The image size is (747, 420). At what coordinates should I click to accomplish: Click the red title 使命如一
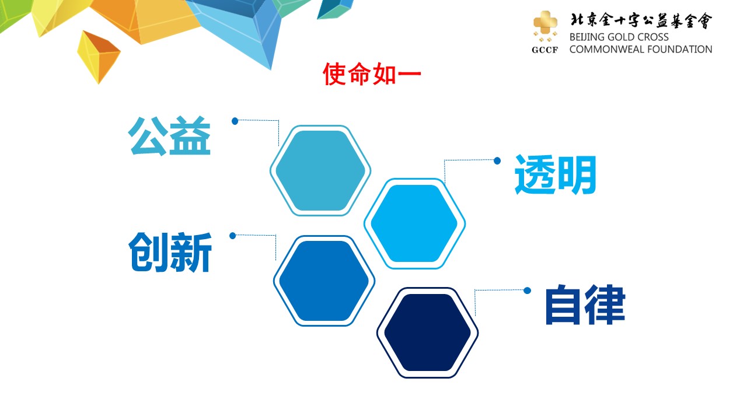372,74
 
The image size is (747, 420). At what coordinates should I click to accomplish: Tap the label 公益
169,136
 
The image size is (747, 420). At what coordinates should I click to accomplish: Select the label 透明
556,174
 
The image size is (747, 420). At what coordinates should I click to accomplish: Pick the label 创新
170,253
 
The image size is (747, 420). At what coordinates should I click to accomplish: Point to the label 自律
585,304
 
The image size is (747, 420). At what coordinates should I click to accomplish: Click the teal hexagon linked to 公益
320,171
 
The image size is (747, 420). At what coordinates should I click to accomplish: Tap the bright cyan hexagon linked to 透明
414,223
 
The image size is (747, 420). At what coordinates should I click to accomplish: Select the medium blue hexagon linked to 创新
324,281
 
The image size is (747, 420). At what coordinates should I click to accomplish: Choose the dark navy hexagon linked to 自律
428,332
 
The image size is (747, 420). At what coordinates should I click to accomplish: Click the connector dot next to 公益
235,121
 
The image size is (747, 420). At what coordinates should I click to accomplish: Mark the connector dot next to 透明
497,161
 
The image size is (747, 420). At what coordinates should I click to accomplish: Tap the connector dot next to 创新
233,236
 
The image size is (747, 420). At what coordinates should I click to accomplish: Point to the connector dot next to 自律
527,290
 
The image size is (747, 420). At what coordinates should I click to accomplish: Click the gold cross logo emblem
545,26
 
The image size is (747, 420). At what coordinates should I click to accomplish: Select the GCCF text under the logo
545,50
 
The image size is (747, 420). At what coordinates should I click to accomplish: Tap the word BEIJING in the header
587,37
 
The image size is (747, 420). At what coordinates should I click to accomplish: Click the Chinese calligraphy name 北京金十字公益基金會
641,20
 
